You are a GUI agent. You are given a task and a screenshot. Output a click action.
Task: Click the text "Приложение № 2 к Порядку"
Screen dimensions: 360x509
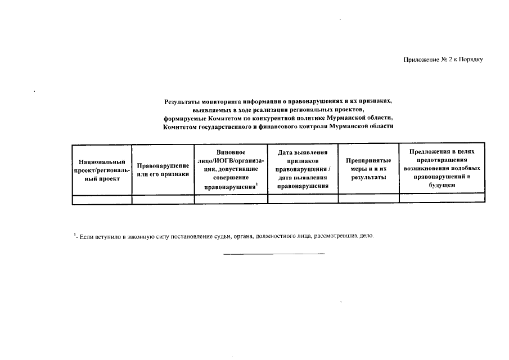[443, 60]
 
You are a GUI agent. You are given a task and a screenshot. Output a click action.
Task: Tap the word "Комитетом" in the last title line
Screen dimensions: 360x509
[179, 127]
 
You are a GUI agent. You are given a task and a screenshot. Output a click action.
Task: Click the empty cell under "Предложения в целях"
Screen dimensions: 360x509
[442, 199]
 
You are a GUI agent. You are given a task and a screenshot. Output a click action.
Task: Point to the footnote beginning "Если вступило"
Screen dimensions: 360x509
[225, 236]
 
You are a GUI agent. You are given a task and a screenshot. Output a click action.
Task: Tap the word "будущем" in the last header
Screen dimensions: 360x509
[442, 185]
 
